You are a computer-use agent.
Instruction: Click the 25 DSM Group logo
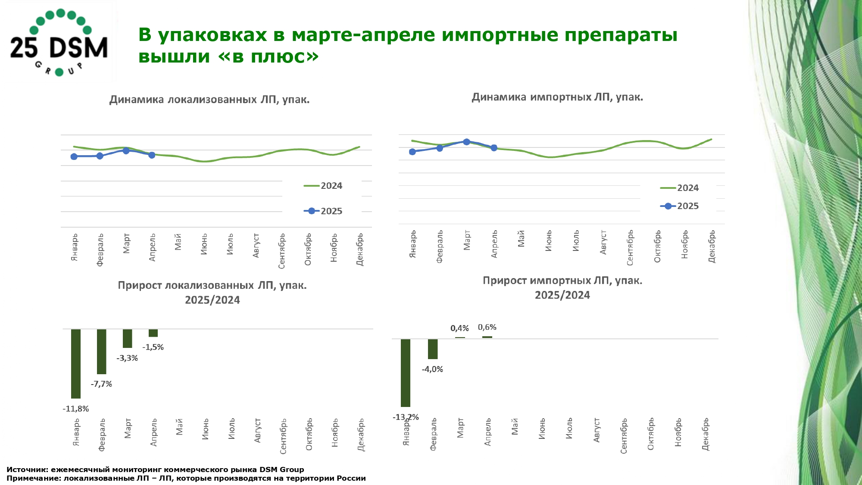(x=59, y=42)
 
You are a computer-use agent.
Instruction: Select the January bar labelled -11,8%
(x=76, y=363)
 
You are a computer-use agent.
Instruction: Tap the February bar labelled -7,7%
(x=102, y=351)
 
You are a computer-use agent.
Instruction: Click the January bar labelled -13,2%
(x=406, y=372)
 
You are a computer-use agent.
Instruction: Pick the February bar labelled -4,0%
(x=433, y=349)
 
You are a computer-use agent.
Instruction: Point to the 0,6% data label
(x=487, y=328)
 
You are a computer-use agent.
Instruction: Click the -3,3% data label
(x=127, y=358)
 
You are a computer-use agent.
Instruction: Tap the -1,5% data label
(x=153, y=347)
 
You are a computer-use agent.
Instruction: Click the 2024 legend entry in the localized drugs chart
(x=323, y=186)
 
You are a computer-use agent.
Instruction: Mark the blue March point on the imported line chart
(x=466, y=142)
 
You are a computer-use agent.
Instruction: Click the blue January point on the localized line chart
(x=74, y=156)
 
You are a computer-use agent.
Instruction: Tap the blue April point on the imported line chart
(x=494, y=148)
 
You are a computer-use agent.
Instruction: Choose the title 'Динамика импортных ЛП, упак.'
(x=557, y=97)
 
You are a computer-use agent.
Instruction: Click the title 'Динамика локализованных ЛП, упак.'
(x=209, y=100)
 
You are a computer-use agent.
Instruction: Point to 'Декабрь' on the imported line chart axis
(x=712, y=246)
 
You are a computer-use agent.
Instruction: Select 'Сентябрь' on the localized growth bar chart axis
(x=283, y=436)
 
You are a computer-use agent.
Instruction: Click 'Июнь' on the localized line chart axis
(x=204, y=244)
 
